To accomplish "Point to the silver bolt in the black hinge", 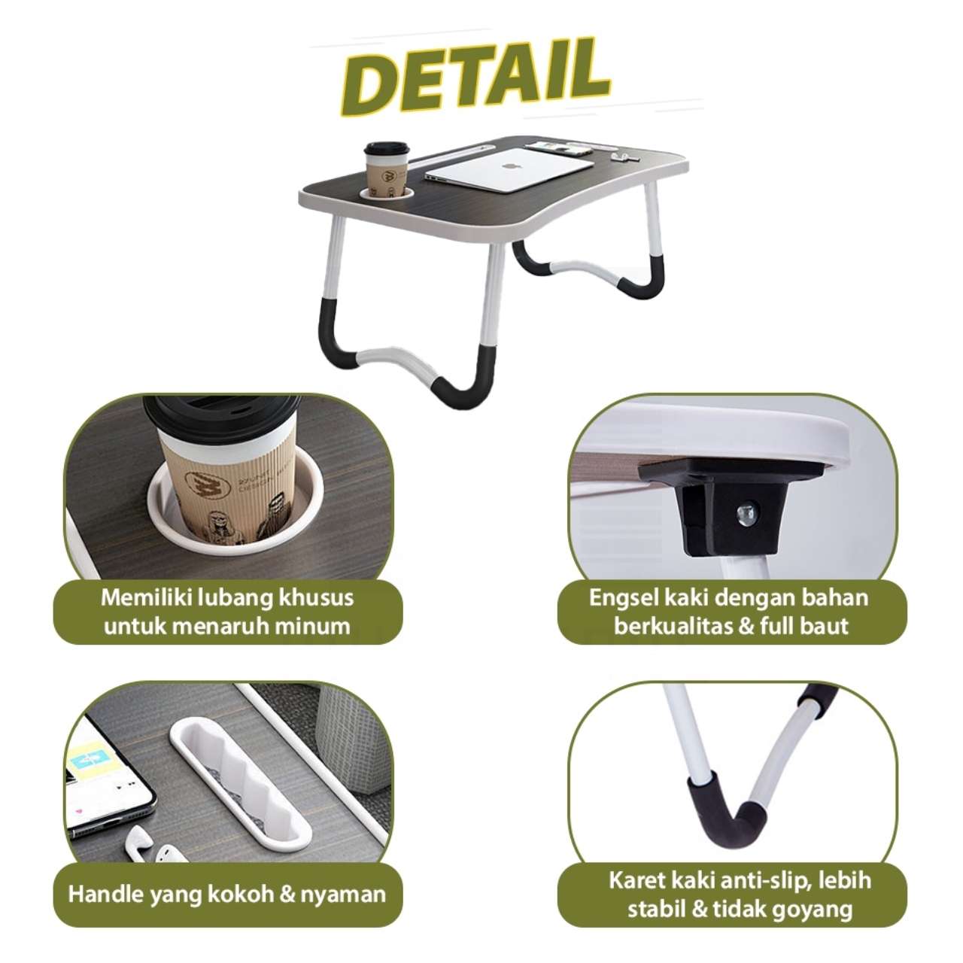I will click(748, 515).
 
